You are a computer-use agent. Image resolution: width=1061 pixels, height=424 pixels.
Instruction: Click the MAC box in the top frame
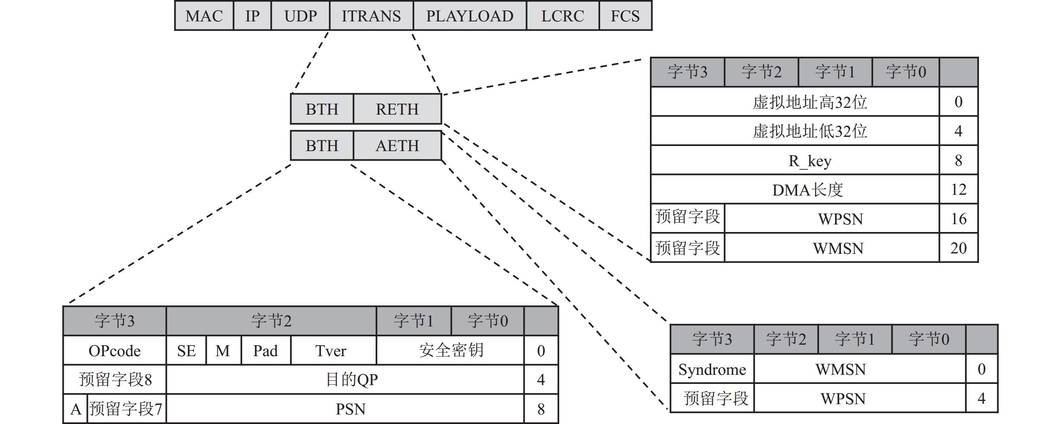pyautogui.click(x=204, y=15)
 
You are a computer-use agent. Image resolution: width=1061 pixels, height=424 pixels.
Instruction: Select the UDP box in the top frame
pyautogui.click(x=300, y=15)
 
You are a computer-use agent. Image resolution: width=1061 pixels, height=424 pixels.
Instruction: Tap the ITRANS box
pyautogui.click(x=371, y=15)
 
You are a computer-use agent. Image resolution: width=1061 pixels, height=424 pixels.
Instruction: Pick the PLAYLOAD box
pyautogui.click(x=470, y=15)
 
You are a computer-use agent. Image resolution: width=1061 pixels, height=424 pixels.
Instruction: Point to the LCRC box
pyautogui.click(x=562, y=15)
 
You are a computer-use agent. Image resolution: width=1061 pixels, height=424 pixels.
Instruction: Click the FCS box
pyautogui.click(x=625, y=15)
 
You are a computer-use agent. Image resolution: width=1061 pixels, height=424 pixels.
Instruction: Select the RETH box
pyautogui.click(x=397, y=109)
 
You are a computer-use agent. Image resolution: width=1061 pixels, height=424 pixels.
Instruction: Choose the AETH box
pyautogui.click(x=397, y=146)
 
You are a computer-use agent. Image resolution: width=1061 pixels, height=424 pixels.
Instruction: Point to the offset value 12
pyautogui.click(x=958, y=190)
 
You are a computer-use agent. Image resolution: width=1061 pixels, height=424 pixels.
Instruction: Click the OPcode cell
pyautogui.click(x=115, y=351)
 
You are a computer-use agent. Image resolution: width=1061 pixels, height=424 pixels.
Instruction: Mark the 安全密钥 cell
pyautogui.click(x=450, y=351)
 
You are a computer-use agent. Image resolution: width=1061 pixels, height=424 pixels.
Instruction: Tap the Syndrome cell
pyautogui.click(x=712, y=369)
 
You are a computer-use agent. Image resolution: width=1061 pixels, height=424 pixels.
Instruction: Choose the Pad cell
pyautogui.click(x=266, y=351)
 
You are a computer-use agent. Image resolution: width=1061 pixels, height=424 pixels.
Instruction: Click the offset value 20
pyautogui.click(x=958, y=248)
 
